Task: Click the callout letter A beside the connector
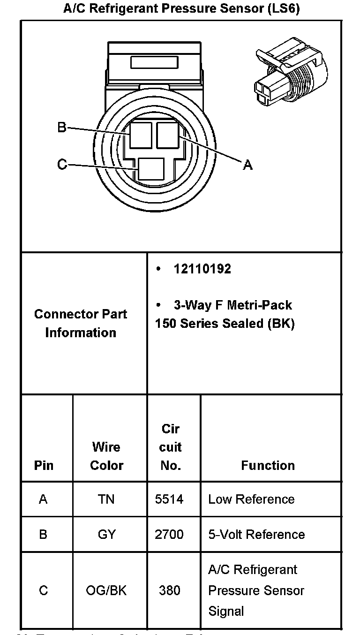click(x=247, y=165)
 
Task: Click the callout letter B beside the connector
click(x=62, y=127)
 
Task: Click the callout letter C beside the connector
click(x=62, y=165)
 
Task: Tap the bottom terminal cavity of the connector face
click(x=151, y=170)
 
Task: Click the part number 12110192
click(x=202, y=269)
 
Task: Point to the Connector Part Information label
click(x=81, y=323)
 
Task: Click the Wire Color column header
click(x=106, y=456)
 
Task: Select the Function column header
click(x=268, y=465)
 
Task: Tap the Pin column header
click(x=44, y=465)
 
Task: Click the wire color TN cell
click(x=106, y=499)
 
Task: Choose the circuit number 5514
click(x=169, y=499)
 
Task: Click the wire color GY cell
click(x=106, y=534)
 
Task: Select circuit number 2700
click(x=169, y=534)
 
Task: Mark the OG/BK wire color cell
click(x=106, y=590)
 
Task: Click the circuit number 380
click(x=169, y=590)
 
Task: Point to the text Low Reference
click(x=251, y=499)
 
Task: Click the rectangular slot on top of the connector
click(x=154, y=63)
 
